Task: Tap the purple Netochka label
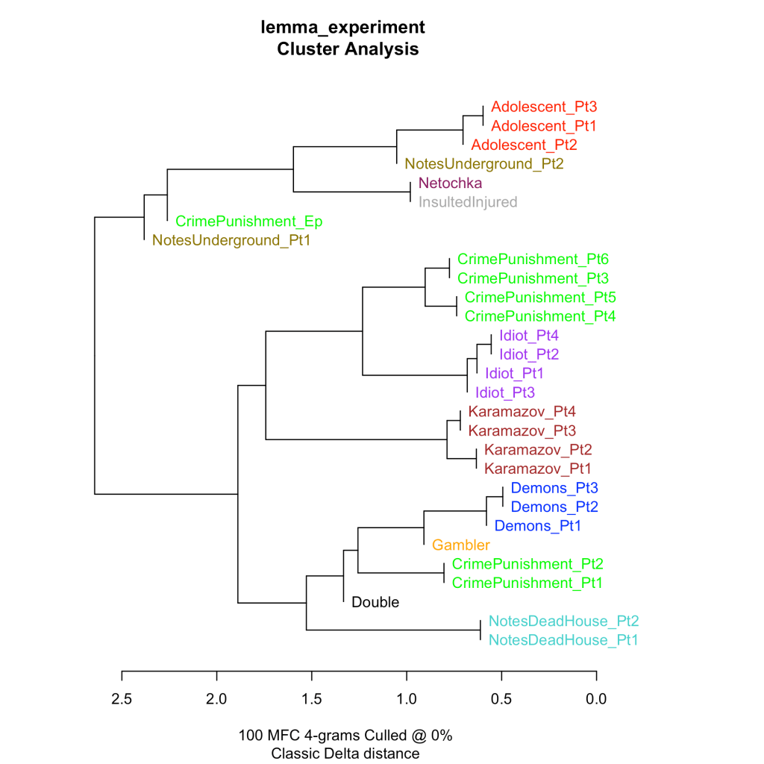(450, 183)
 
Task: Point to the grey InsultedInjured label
(467, 202)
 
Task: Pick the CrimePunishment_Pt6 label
(533, 260)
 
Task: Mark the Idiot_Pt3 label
(505, 392)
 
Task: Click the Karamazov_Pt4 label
(522, 411)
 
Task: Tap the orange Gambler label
(461, 545)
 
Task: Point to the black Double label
(375, 602)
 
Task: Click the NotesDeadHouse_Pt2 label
(563, 621)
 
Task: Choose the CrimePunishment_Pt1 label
(527, 583)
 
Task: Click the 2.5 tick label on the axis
(122, 698)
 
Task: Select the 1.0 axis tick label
(407, 698)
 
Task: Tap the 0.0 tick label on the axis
(596, 698)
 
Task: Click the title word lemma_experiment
(342, 28)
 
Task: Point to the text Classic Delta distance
(345, 754)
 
